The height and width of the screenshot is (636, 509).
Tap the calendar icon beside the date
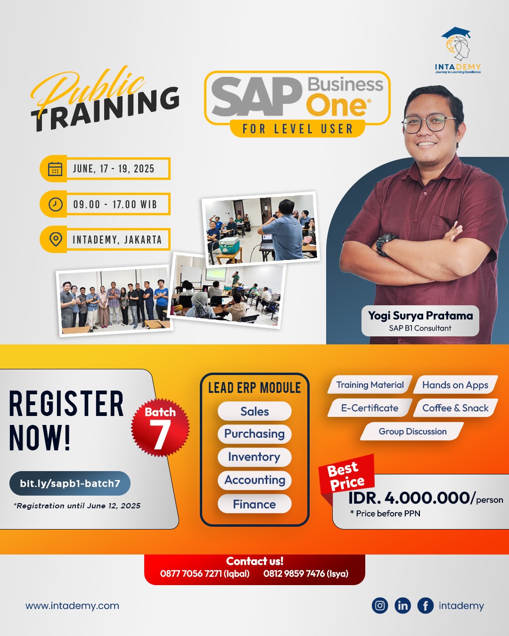coord(55,169)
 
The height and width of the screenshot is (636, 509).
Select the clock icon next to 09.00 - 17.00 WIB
coord(55,204)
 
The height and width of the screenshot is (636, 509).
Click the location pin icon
coord(56,239)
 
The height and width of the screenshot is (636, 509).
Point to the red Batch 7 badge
coord(160,427)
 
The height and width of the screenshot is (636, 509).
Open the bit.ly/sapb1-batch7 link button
coord(70,483)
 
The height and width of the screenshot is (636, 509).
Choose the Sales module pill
coord(254,411)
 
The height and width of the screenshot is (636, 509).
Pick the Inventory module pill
coord(254,457)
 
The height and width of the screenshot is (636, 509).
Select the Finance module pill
coord(254,504)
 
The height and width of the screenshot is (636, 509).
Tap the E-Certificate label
coord(369,408)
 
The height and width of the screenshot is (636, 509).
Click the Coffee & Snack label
coord(455,408)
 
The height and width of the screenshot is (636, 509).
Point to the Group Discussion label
coord(412,432)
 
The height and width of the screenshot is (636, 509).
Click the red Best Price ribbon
coord(346,476)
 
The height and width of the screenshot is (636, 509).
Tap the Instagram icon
coord(380,605)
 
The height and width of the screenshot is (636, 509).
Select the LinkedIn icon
coord(402,605)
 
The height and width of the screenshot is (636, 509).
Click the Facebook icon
coord(425,605)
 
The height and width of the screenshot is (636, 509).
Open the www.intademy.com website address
coord(72,606)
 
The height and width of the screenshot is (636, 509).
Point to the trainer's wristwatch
coord(385,243)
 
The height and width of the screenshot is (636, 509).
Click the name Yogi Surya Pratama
coord(420,316)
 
